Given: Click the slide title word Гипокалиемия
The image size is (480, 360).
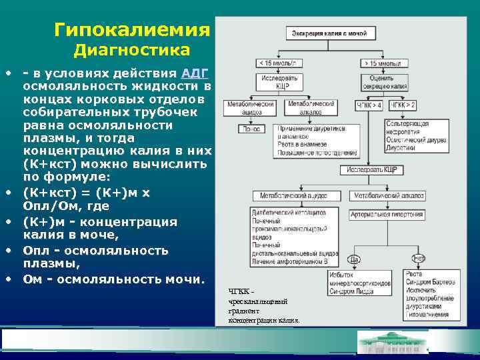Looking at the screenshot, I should [x=132, y=30].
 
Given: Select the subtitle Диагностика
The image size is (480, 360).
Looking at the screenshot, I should [x=131, y=51].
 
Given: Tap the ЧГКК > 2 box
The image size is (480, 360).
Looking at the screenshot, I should [x=403, y=105].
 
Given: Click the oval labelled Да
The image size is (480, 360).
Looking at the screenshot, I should [x=354, y=259].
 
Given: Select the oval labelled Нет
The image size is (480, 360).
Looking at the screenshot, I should [x=418, y=259].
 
